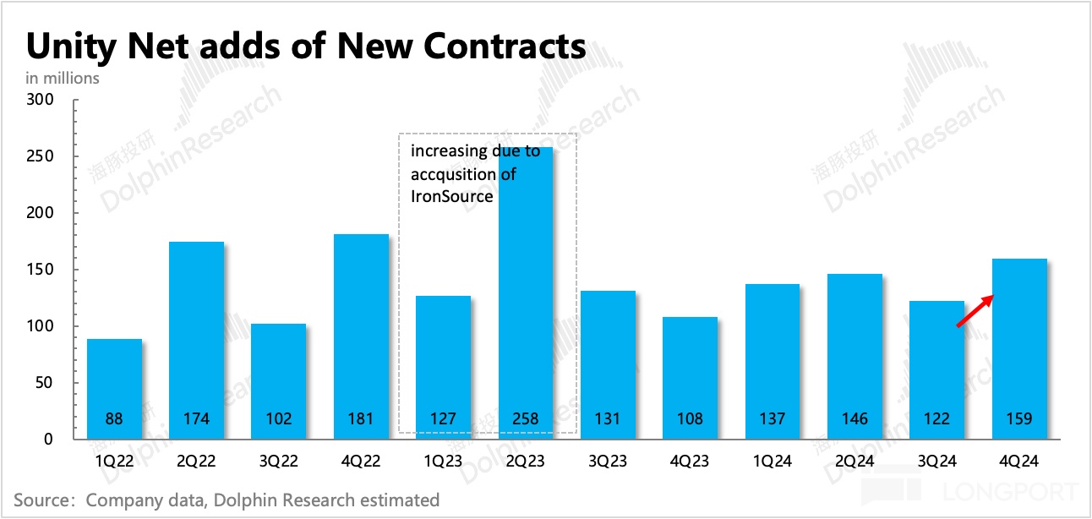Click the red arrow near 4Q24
pos(975,310)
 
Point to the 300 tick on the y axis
pos(41,100)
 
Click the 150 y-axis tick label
pos(41,270)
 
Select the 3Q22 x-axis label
pos(279,462)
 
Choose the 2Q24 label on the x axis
pos(854,462)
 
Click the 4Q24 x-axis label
pos(1018,462)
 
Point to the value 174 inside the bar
pos(197,418)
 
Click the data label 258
pos(526,418)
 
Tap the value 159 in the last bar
pos(1018,418)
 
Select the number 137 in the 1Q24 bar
pos(773,418)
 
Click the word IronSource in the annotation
pos(451,196)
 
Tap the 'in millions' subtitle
pos(63,78)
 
